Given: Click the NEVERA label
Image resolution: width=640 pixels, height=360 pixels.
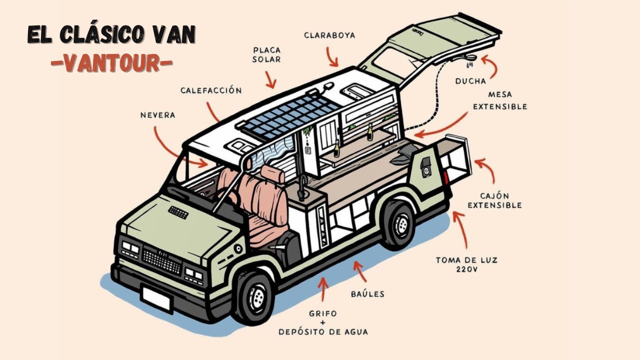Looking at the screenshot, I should pyautogui.click(x=157, y=115).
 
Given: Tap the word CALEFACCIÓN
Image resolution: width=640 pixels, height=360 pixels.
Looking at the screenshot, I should pyautogui.click(x=210, y=90).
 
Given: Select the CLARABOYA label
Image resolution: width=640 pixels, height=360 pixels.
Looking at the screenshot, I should pyautogui.click(x=329, y=35).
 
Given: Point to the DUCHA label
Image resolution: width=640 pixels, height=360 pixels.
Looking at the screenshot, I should pyautogui.click(x=470, y=81).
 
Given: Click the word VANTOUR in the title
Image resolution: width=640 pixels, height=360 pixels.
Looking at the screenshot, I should pyautogui.click(x=111, y=63).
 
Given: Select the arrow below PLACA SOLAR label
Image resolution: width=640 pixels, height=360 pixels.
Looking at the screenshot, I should pyautogui.click(x=270, y=79).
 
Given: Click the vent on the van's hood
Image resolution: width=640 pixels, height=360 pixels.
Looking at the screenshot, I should pyautogui.click(x=178, y=212).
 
